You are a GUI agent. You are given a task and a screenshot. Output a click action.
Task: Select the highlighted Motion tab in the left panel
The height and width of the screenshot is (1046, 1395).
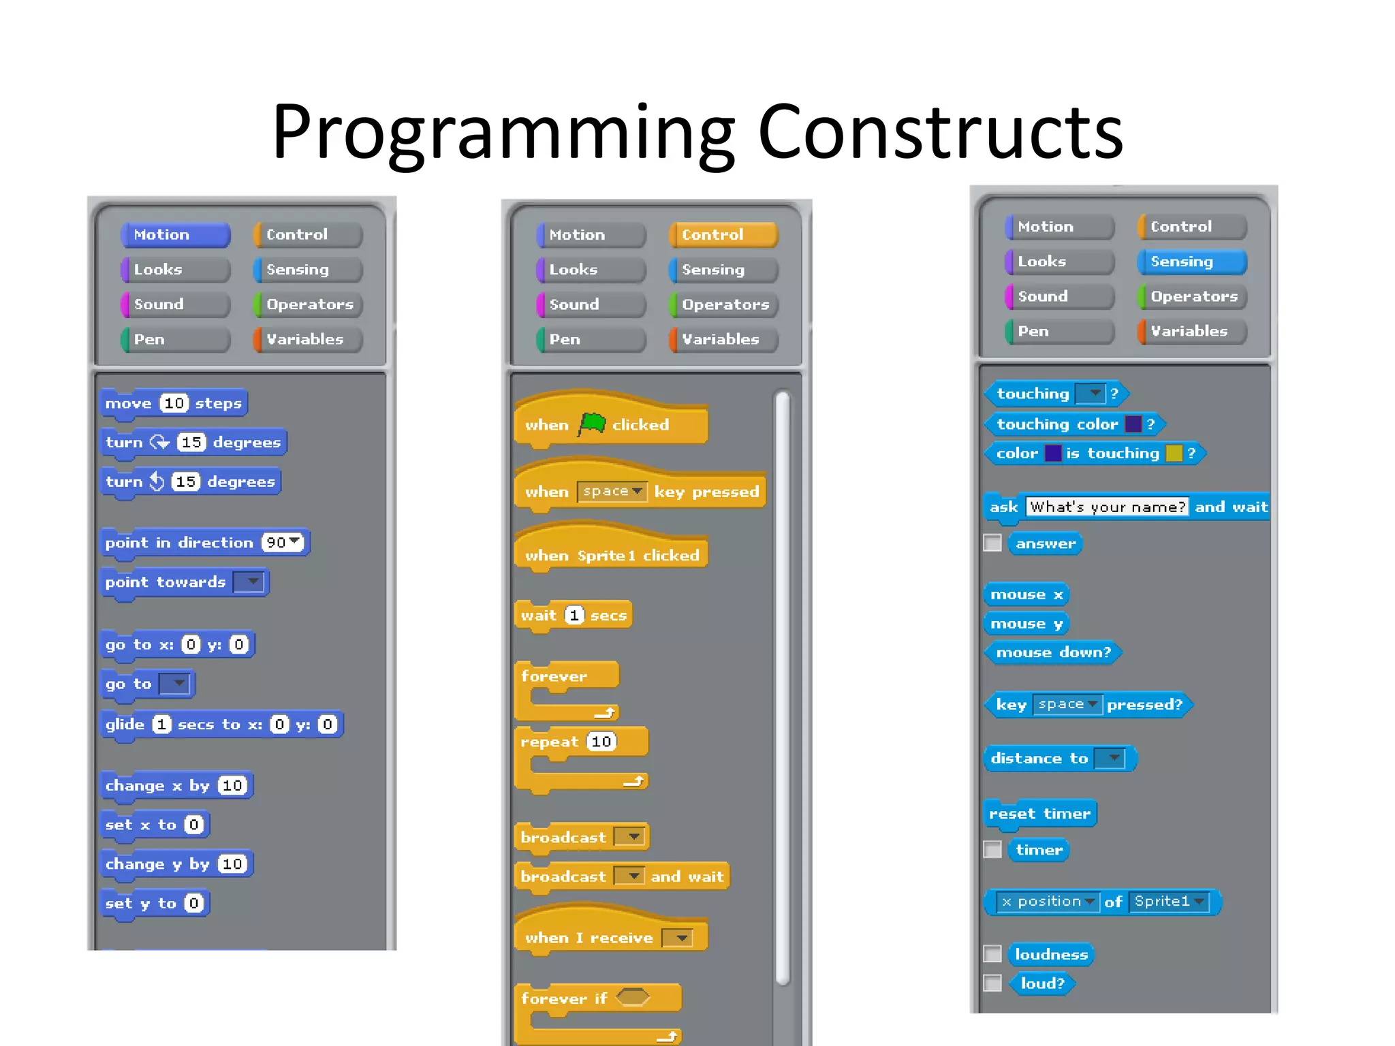coord(176,234)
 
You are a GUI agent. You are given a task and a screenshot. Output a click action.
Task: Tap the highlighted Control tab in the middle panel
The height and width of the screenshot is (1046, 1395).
coord(723,234)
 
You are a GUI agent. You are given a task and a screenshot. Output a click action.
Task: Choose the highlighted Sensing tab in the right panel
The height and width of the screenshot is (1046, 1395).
coord(1192,261)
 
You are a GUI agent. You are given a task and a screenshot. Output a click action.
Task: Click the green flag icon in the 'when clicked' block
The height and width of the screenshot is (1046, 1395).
coord(592,424)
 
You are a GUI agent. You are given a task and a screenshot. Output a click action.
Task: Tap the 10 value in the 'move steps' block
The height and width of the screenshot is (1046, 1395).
coord(174,403)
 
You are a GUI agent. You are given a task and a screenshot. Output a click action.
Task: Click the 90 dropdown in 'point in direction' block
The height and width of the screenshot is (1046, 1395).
coord(282,542)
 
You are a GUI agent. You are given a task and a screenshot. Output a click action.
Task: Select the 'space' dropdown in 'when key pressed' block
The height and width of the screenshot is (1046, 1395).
coord(612,491)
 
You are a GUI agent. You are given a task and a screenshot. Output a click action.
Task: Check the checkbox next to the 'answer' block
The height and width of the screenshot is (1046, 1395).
coord(992,543)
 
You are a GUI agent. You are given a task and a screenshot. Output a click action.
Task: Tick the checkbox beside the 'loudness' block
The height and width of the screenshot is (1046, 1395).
coord(992,953)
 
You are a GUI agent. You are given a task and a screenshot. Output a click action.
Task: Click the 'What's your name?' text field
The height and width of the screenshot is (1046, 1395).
coord(1107,507)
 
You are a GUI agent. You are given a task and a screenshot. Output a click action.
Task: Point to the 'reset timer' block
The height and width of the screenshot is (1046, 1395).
coord(1039,814)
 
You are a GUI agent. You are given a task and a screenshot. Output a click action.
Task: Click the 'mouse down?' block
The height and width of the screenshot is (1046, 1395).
coord(1053,652)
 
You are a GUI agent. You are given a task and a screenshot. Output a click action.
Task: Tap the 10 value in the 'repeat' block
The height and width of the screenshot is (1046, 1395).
coord(601,741)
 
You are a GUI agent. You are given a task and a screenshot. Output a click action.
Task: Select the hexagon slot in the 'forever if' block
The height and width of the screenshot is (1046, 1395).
coord(633,997)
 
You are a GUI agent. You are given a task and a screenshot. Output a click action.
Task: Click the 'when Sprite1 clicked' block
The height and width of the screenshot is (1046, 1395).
coord(611,555)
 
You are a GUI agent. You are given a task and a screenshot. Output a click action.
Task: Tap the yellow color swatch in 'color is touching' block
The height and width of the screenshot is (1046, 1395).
coord(1174,453)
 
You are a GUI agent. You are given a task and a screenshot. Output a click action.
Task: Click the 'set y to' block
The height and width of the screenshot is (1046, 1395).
coord(154,903)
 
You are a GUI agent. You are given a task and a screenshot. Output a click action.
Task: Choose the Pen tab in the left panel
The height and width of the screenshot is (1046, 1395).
coord(176,339)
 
